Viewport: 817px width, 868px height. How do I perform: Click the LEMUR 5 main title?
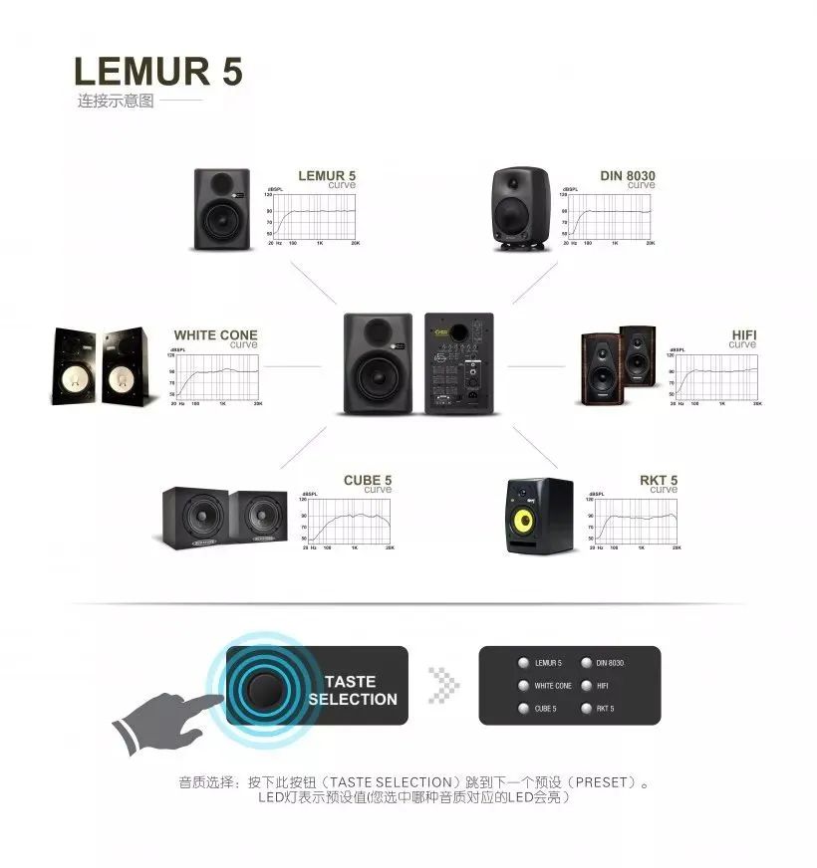[x=157, y=72]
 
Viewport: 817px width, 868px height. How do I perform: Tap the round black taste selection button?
[x=266, y=688]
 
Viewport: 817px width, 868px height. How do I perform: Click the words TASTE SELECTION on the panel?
[x=351, y=690]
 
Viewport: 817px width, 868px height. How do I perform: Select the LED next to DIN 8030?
[x=585, y=663]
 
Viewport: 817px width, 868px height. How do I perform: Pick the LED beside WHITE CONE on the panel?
[x=522, y=686]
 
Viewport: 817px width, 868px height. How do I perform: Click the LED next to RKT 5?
[x=585, y=709]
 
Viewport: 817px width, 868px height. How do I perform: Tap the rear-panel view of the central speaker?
[x=459, y=364]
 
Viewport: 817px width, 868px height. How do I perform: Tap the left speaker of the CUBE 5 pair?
[x=195, y=518]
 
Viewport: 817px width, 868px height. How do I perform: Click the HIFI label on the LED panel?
[x=602, y=686]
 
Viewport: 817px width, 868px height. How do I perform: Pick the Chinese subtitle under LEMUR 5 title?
[x=117, y=102]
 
